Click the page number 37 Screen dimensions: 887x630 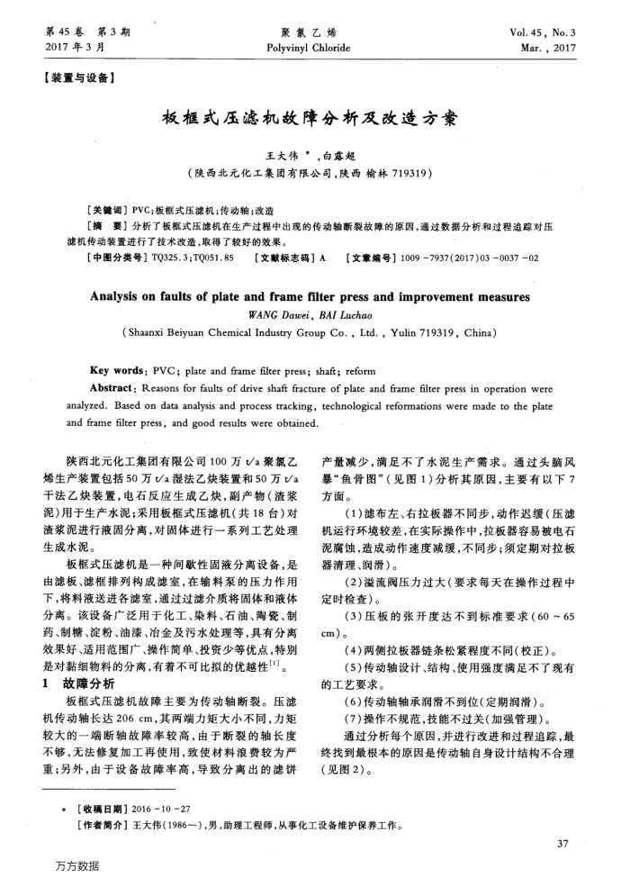click(x=563, y=844)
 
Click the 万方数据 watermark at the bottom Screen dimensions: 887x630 click(x=76, y=865)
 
